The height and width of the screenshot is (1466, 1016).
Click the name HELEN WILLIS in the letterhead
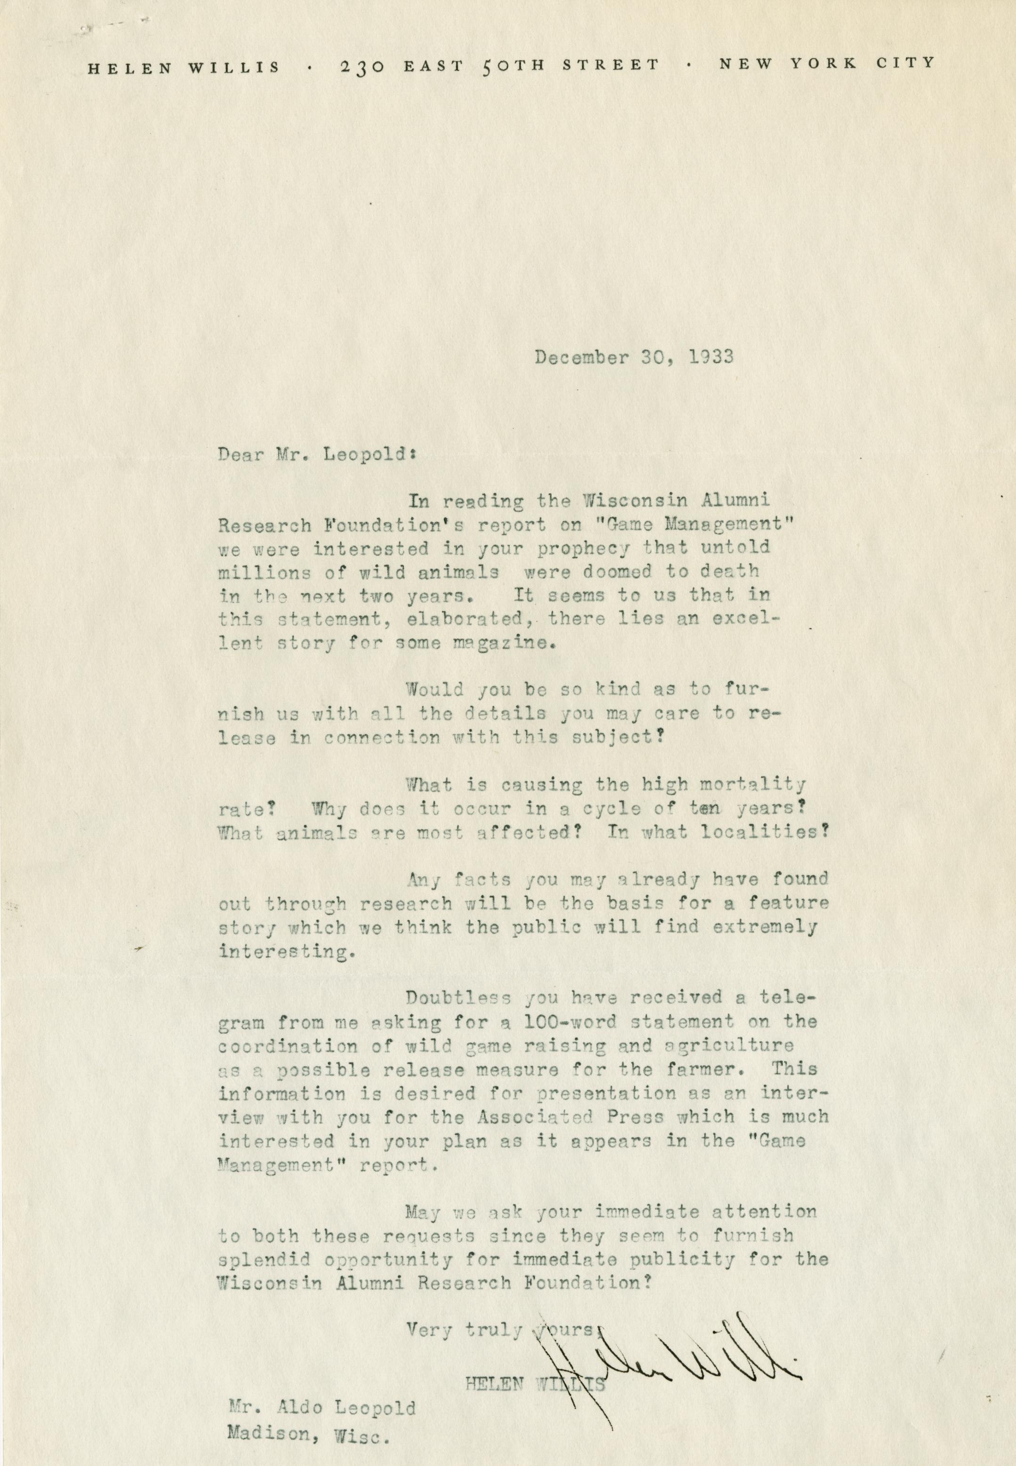click(183, 67)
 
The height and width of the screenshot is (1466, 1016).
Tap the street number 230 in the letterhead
click(362, 66)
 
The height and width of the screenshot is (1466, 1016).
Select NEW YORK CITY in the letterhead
click(826, 63)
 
